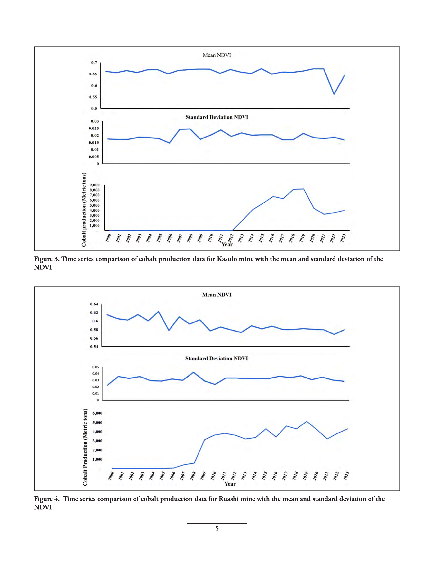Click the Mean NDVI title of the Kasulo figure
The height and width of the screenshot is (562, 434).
tap(217, 55)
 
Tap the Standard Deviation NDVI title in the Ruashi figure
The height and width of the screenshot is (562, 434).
tap(217, 359)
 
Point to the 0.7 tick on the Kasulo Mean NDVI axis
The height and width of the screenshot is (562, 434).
tap(94, 63)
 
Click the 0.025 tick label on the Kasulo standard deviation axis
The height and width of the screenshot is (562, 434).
tap(94, 129)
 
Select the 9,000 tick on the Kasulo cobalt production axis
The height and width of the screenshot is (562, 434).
tap(95, 185)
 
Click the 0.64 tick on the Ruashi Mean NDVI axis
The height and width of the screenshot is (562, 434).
tap(94, 304)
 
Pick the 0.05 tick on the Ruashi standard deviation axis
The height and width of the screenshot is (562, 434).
tap(95, 367)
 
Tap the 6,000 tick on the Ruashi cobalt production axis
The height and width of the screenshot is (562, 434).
tap(97, 413)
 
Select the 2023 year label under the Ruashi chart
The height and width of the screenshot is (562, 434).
tap(346, 476)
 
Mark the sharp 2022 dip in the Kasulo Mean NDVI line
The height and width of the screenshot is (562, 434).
tap(334, 94)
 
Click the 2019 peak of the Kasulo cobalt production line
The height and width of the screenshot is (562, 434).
tap(304, 189)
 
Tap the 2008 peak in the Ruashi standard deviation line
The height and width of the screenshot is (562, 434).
tap(193, 372)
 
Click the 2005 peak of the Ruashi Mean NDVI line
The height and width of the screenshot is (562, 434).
tap(159, 312)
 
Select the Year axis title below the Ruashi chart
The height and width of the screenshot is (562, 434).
tap(230, 484)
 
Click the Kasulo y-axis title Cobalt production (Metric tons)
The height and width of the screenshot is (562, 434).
tap(84, 210)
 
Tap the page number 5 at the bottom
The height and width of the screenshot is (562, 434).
tap(217, 529)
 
